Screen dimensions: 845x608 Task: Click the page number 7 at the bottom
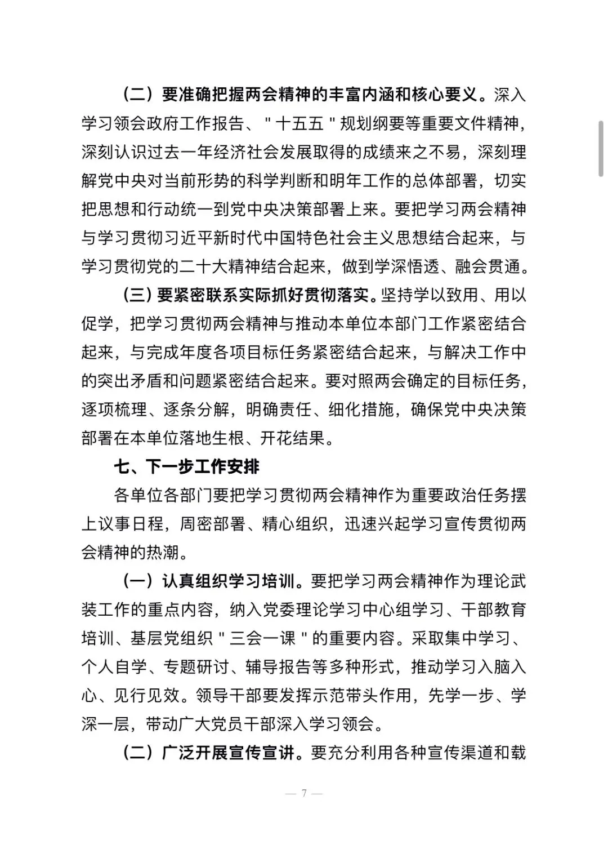[x=304, y=793]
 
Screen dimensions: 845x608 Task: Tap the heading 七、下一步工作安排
[x=187, y=466]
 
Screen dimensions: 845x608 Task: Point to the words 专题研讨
[x=195, y=667]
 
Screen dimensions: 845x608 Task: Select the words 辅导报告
[x=279, y=667]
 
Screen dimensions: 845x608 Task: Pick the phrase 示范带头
[x=345, y=695]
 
